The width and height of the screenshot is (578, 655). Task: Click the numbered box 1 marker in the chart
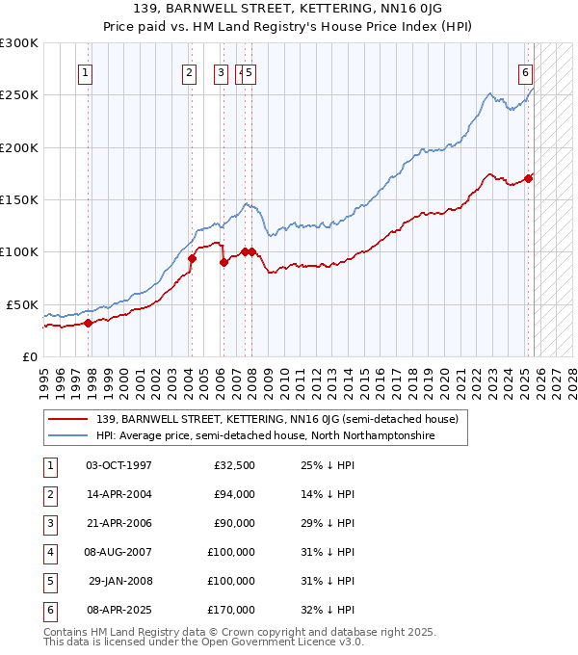tap(86, 71)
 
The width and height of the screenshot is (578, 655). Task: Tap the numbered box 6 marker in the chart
tap(526, 71)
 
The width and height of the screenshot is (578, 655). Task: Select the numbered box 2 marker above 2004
tap(189, 71)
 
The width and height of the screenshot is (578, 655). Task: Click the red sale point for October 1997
tap(88, 323)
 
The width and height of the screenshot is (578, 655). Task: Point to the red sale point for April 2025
tap(529, 178)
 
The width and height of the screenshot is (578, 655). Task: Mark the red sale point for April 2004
tap(193, 258)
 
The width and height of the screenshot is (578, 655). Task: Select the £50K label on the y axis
tap(22, 304)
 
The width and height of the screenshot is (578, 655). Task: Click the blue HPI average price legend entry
tap(265, 435)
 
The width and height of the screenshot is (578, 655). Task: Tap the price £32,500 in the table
tap(234, 465)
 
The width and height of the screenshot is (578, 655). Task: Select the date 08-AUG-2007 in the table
tap(118, 552)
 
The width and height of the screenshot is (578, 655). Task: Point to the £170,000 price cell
tap(231, 610)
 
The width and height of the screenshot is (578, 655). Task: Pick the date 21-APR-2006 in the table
tap(118, 523)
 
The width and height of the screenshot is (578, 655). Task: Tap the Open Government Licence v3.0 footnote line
tap(204, 642)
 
